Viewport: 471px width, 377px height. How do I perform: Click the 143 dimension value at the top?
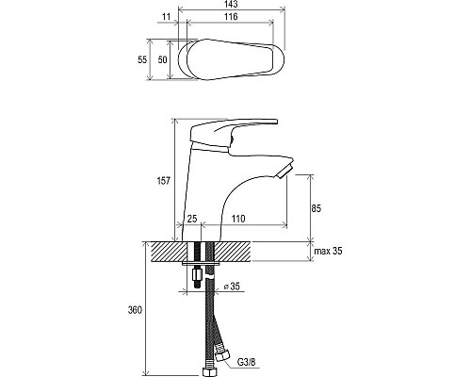pyautogui.click(x=232, y=4)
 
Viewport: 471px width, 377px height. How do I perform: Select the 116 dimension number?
pyautogui.click(x=232, y=17)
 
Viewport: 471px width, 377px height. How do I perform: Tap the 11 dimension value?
pyautogui.click(x=166, y=17)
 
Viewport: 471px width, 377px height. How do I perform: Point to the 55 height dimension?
pyautogui.click(x=142, y=59)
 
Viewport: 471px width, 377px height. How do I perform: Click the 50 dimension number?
pyautogui.click(x=162, y=59)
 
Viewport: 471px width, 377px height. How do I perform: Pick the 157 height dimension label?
pyautogui.click(x=164, y=181)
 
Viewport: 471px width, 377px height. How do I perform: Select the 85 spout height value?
pyautogui.click(x=317, y=208)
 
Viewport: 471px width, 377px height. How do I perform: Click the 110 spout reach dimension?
pyautogui.click(x=238, y=219)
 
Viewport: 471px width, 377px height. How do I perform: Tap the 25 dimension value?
pyautogui.click(x=192, y=219)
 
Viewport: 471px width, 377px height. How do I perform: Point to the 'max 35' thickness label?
pyautogui.click(x=329, y=251)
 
